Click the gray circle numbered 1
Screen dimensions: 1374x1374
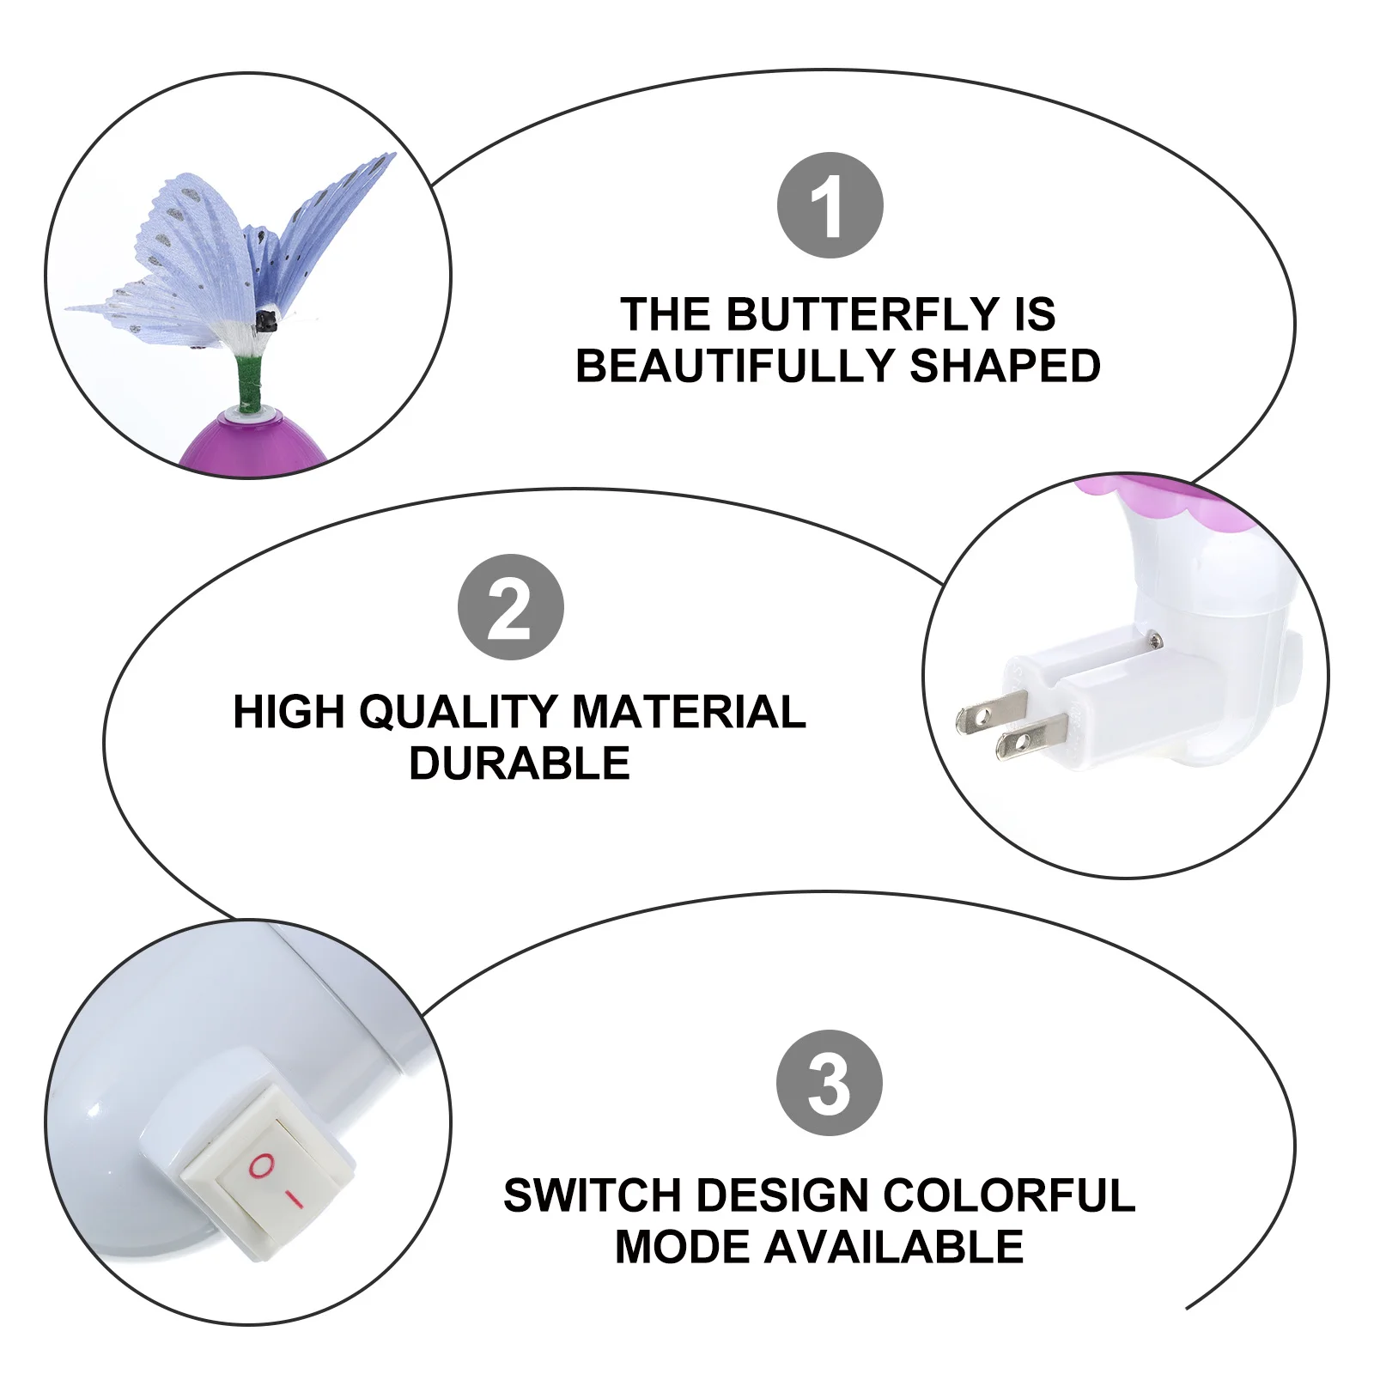830,205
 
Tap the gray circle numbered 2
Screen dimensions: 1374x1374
510,607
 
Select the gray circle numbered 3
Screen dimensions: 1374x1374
829,1082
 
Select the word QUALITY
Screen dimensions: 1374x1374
458,712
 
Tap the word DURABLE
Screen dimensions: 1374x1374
520,763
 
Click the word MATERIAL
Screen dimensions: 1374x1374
689,712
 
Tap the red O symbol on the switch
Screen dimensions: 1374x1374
262,1164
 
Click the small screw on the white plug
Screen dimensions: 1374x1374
1156,637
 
